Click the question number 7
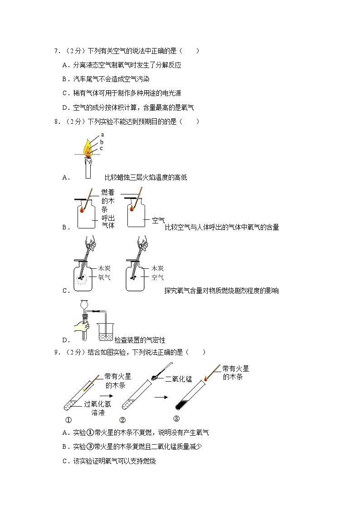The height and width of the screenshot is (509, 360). click(x=56, y=51)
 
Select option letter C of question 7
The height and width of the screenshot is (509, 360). click(x=65, y=93)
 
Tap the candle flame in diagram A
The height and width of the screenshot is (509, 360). click(x=87, y=148)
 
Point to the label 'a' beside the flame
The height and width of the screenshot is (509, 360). click(x=102, y=134)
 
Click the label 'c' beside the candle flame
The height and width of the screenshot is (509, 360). click(x=101, y=148)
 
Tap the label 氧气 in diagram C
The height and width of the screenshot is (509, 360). click(x=104, y=277)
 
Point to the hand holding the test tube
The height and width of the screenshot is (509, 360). click(x=83, y=325)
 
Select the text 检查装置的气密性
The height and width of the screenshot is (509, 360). click(x=140, y=340)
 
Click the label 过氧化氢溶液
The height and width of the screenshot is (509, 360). click(x=97, y=408)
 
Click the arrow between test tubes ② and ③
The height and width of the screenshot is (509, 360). click(x=160, y=398)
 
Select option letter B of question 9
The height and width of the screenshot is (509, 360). click(x=65, y=447)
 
